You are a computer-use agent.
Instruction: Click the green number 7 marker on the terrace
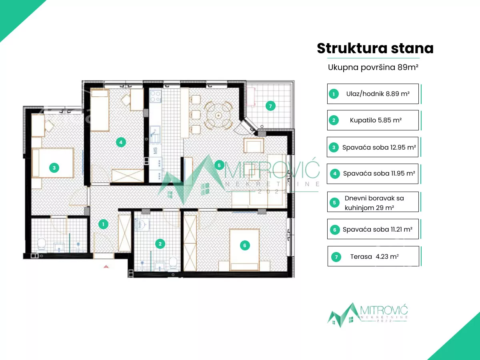pos(270,106)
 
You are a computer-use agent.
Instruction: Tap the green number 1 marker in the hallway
pos(103,224)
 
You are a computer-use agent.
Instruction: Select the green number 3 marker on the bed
pos(54,168)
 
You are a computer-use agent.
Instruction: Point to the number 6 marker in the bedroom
pos(244,246)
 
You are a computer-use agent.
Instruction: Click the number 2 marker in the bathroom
pos(160,244)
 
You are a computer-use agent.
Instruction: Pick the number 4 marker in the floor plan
pos(121,142)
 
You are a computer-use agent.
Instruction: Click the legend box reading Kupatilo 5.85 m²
pos(373,120)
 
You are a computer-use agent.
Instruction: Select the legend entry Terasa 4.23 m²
pos(373,256)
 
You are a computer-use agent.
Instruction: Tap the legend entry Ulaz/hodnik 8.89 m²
pos(373,94)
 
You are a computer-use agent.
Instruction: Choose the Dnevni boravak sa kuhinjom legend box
pos(373,202)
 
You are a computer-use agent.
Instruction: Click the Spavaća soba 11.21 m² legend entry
pos(373,229)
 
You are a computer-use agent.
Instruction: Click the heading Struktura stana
pos(375,48)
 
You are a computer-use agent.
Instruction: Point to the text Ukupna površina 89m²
pos(373,67)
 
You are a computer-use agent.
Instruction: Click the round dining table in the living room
pos(218,115)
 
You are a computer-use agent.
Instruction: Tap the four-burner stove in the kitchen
pos(156,96)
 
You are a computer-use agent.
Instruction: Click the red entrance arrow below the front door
pos(106,266)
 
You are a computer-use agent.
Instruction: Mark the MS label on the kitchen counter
pos(155,151)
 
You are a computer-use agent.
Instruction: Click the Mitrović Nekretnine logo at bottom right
pos(368,315)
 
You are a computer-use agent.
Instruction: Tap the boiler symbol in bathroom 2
pos(140,224)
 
